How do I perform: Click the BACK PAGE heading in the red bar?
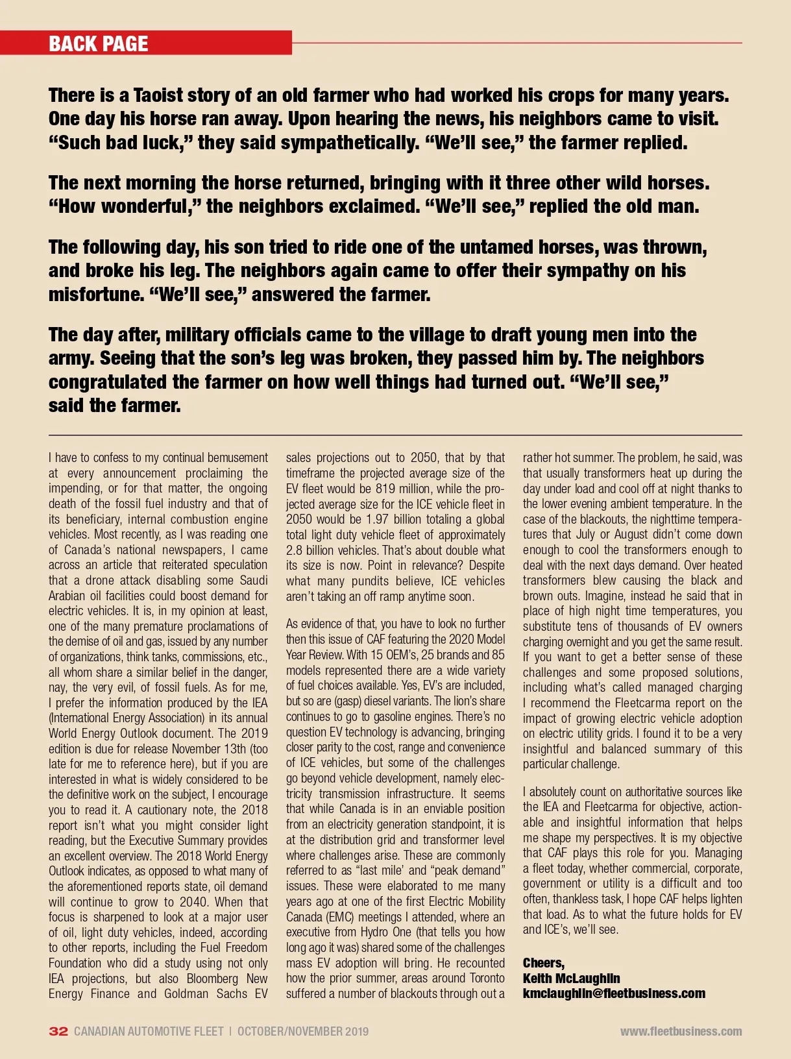coord(99,43)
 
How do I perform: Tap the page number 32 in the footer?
coord(58,1031)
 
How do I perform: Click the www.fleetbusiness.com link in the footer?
coord(681,1031)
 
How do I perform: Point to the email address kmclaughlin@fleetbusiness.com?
coord(614,993)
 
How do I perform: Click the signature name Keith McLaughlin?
coord(571,978)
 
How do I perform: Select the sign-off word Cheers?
coord(543,963)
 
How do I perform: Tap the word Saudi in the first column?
coord(254,580)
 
